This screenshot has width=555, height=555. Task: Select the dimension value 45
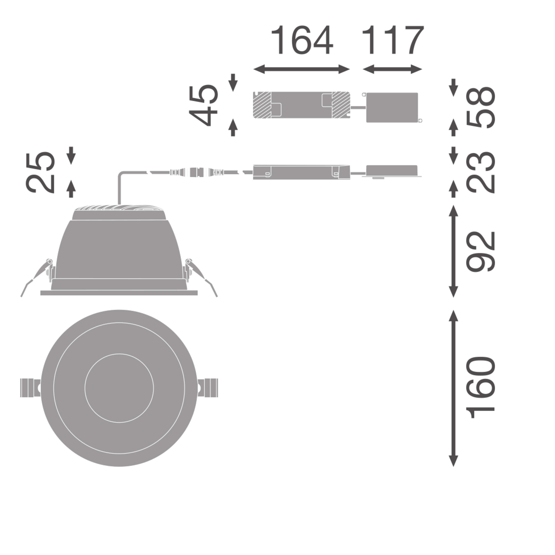(x=203, y=105)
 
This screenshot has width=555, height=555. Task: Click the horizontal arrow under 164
(x=302, y=69)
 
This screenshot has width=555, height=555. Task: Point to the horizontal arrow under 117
(x=392, y=69)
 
